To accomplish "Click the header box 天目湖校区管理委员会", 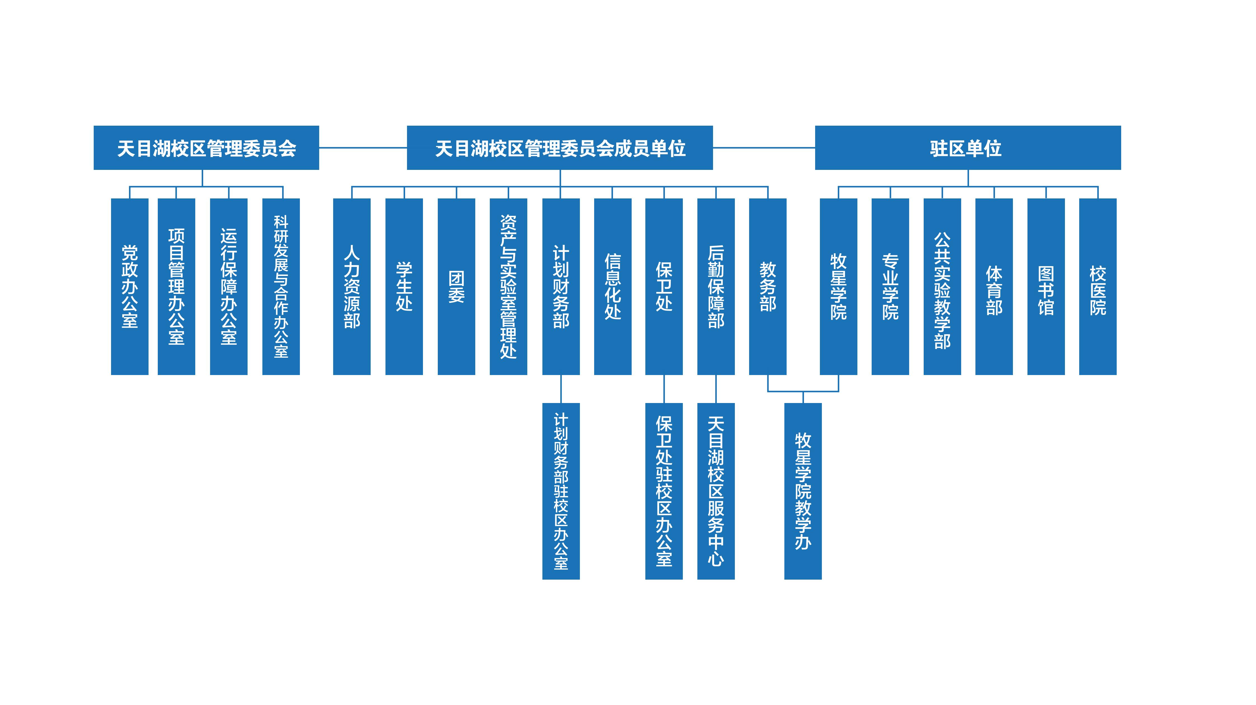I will [x=206, y=148].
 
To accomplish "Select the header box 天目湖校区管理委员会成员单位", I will [x=560, y=148].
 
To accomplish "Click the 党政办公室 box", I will [x=130, y=286].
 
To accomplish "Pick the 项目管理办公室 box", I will [x=177, y=286].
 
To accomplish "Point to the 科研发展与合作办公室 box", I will [x=281, y=286].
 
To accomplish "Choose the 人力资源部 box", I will [x=352, y=286].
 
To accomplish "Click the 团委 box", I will [x=456, y=286].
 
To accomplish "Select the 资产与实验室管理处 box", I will [x=508, y=286].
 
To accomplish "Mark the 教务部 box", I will [x=768, y=286].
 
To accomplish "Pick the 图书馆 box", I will [x=1046, y=286].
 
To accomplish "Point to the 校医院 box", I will [x=1098, y=286].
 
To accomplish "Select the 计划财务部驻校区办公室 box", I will [x=561, y=491].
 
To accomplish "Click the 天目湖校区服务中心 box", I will [x=716, y=491].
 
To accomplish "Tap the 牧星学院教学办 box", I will [x=803, y=491].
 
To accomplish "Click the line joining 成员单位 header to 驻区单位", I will [x=764, y=147].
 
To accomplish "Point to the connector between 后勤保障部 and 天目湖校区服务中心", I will [x=716, y=389].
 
